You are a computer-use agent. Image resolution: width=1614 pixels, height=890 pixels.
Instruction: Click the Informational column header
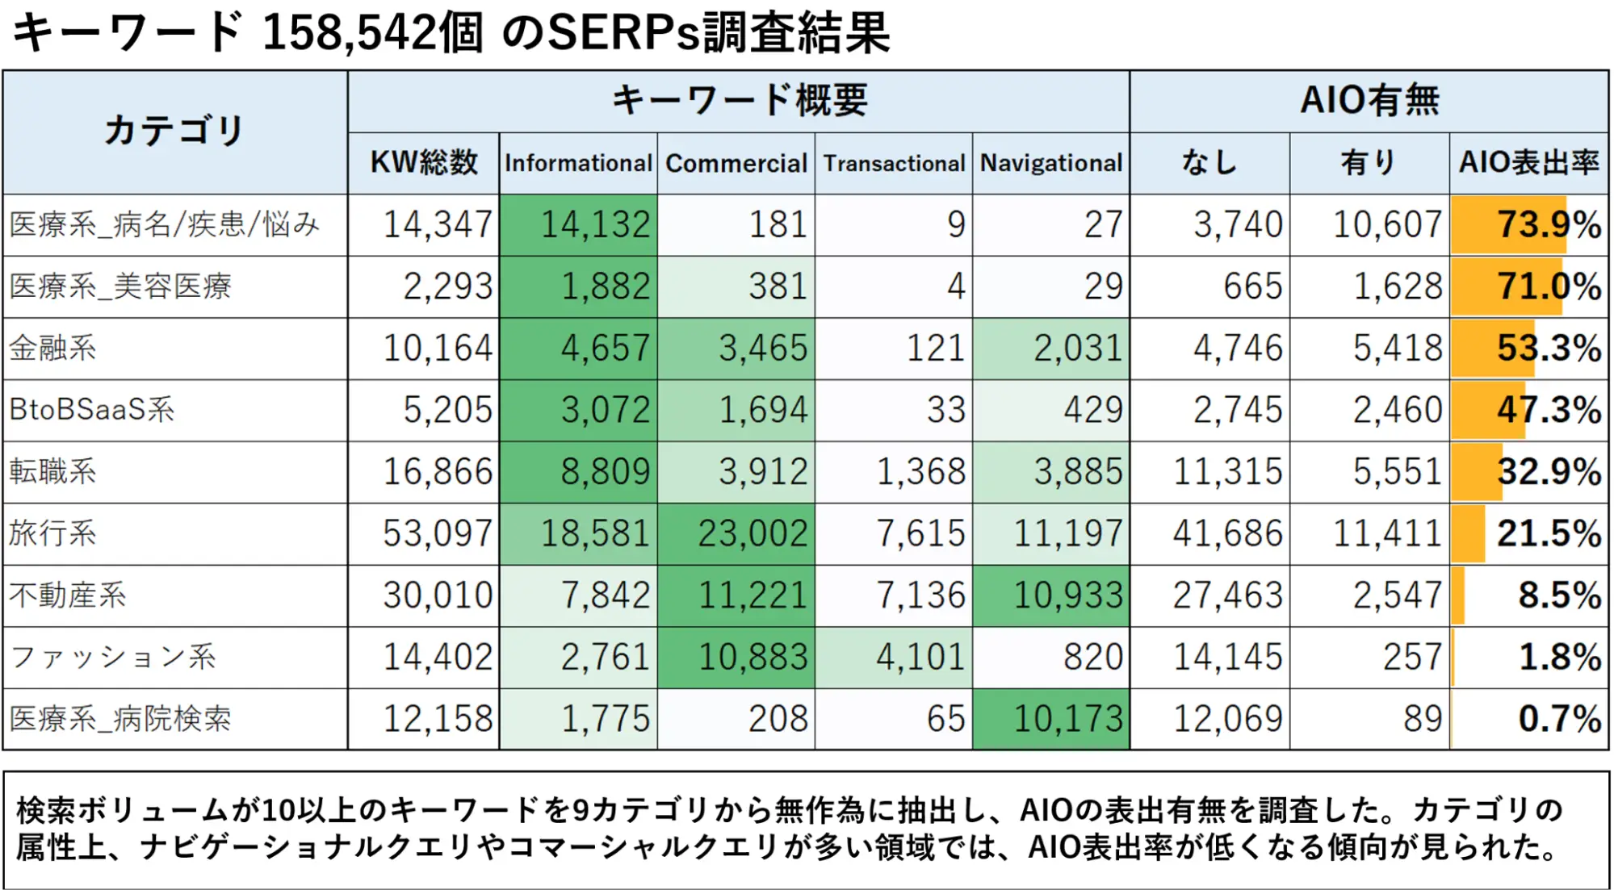(578, 163)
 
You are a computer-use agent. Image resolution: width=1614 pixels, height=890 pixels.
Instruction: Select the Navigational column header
(1051, 163)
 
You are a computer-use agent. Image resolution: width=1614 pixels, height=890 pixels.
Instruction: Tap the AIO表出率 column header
(1528, 163)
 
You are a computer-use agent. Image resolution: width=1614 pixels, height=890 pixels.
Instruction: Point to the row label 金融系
(53, 349)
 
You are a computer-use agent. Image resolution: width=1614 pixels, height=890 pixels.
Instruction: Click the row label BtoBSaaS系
(92, 410)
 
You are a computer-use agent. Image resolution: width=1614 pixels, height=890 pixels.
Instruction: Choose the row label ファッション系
(113, 658)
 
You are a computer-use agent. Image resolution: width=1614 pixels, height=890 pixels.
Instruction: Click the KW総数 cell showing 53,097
(437, 533)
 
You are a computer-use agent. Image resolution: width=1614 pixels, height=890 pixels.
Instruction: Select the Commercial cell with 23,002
(753, 533)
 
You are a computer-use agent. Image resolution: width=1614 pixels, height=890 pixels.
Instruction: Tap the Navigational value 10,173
(1067, 719)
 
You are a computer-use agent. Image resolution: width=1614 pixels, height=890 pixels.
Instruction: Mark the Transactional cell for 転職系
(920, 472)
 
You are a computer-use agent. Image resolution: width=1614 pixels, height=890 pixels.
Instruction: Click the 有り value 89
(1422, 719)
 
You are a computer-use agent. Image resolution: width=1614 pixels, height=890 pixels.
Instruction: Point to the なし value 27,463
(1227, 595)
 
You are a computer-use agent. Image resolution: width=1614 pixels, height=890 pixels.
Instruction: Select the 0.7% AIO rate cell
(1559, 719)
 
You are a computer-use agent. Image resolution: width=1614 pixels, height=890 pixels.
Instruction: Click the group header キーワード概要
(739, 101)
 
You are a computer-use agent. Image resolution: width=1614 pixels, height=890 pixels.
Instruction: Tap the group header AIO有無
(1369, 101)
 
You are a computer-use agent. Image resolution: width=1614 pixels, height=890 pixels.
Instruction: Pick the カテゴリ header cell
(174, 131)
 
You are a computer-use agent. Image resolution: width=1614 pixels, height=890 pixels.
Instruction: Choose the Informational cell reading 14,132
(595, 224)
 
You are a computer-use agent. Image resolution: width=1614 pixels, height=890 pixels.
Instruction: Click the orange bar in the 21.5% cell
(1468, 533)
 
